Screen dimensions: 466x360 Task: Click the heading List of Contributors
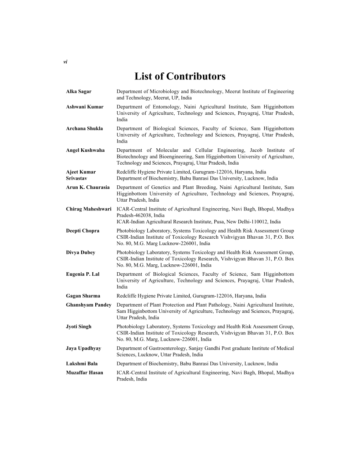pyautogui.click(x=180, y=76)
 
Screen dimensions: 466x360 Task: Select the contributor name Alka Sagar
pyautogui.click(x=79, y=91)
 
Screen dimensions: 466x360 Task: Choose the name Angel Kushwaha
pyautogui.click(x=85, y=150)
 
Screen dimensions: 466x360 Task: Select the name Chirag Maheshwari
pyautogui.click(x=89, y=209)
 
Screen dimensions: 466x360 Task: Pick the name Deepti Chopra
pyautogui.click(x=82, y=231)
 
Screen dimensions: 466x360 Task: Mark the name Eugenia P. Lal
pyautogui.click(x=82, y=274)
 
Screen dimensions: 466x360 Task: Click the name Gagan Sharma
pyautogui.click(x=83, y=296)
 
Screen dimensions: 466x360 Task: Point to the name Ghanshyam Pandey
pyautogui.click(x=89, y=305)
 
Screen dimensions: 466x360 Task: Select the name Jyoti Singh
pyautogui.click(x=79, y=327)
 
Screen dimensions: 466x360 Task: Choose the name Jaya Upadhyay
pyautogui.click(x=83, y=348)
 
